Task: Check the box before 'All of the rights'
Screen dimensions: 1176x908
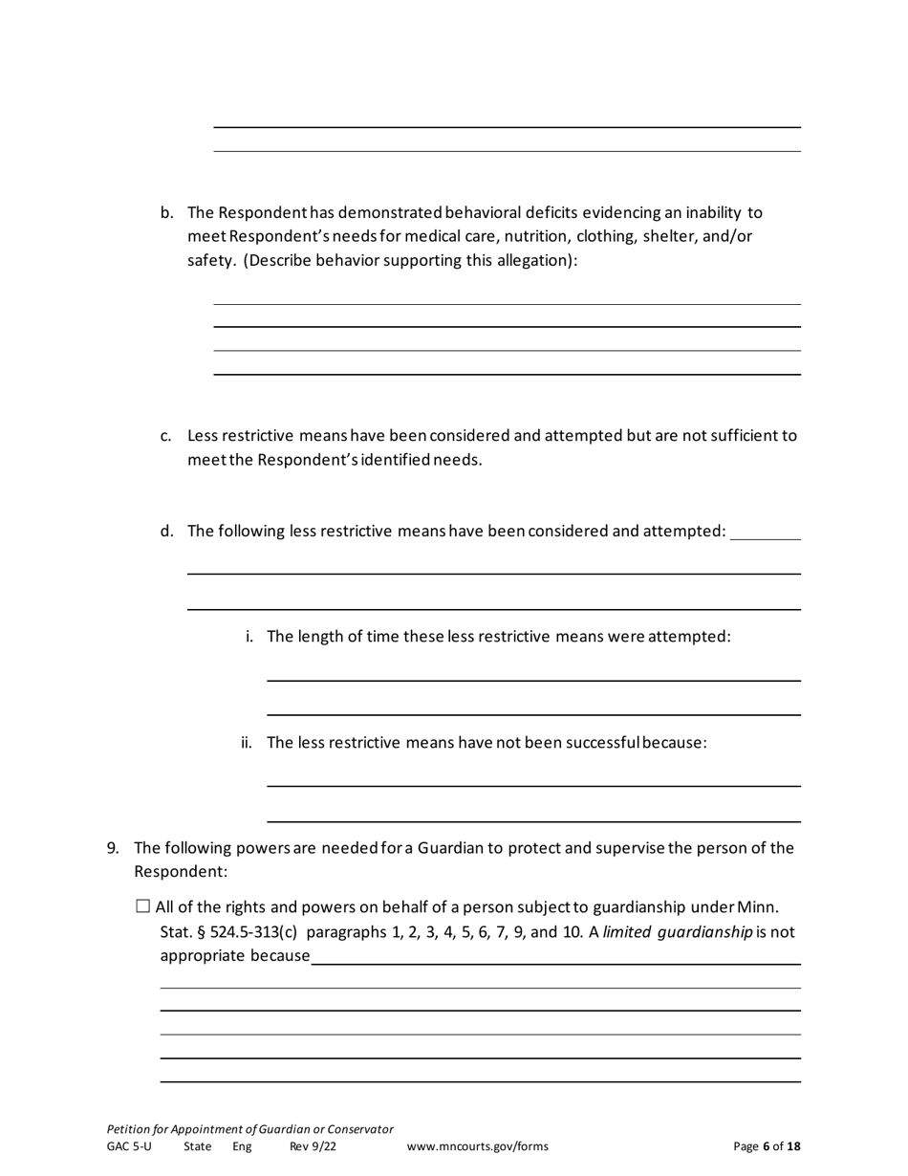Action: pyautogui.click(x=143, y=906)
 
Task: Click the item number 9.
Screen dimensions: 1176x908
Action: pyautogui.click(x=113, y=848)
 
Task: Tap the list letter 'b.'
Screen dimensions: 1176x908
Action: pyautogui.click(x=166, y=212)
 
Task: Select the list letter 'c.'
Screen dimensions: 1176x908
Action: pyautogui.click(x=166, y=436)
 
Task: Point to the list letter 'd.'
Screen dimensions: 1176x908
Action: pyautogui.click(x=166, y=531)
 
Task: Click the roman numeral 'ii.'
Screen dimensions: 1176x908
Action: pyautogui.click(x=247, y=743)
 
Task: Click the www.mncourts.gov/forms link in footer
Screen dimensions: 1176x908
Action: pyautogui.click(x=478, y=1146)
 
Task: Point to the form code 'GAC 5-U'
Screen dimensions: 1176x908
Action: pyautogui.click(x=129, y=1146)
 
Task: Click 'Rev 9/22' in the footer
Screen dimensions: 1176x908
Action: pyautogui.click(x=313, y=1146)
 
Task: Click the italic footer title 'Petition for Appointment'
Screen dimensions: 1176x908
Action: pyautogui.click(x=249, y=1129)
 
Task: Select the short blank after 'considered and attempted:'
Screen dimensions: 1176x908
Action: pyautogui.click(x=765, y=534)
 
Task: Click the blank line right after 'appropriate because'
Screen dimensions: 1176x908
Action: pyautogui.click(x=554, y=959)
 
